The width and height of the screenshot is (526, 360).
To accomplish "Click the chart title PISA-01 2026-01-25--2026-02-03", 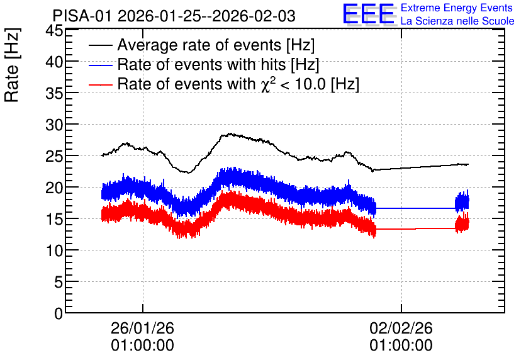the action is pyautogui.click(x=174, y=16).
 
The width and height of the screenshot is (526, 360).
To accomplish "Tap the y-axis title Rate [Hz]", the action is pyautogui.click(x=12, y=65).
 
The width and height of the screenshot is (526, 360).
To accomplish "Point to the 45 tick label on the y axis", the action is pyautogui.click(x=54, y=31).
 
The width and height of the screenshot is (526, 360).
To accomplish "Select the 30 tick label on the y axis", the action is pyautogui.click(x=54, y=125).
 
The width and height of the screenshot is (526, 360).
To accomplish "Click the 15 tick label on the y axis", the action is pyautogui.click(x=54, y=220).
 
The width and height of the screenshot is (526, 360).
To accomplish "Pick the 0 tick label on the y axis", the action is pyautogui.click(x=59, y=314).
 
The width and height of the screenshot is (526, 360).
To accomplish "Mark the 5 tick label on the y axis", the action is pyautogui.click(x=59, y=283).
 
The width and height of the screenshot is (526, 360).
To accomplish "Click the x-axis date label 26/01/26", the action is pyautogui.click(x=143, y=328).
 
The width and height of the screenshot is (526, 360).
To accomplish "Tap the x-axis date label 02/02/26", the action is pyautogui.click(x=401, y=328).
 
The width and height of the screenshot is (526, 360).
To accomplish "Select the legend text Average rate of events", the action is pyautogui.click(x=199, y=45).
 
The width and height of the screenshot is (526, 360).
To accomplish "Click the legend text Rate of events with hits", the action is pyautogui.click(x=201, y=64).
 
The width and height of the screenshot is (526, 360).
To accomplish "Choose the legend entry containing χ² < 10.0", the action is pyautogui.click(x=238, y=84).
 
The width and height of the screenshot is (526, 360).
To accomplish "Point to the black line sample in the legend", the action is pyautogui.click(x=100, y=45).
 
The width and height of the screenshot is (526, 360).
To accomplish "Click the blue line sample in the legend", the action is pyautogui.click(x=100, y=65).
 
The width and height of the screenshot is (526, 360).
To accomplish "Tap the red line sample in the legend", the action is pyautogui.click(x=100, y=84).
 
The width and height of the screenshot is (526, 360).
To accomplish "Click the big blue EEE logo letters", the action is pyautogui.click(x=369, y=14).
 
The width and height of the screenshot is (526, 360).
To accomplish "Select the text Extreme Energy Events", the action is pyautogui.click(x=457, y=8).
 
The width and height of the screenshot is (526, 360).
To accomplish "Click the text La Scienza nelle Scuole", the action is pyautogui.click(x=457, y=21).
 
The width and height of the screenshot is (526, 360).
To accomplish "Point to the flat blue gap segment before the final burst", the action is pyautogui.click(x=415, y=208).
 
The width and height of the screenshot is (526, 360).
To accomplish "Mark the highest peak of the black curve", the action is pyautogui.click(x=230, y=133).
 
